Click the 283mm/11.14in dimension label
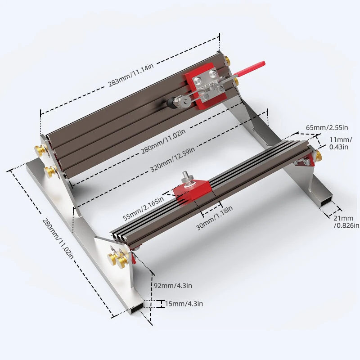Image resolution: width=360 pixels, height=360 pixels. point(131,75)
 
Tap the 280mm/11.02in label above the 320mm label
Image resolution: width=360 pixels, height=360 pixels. point(163,141)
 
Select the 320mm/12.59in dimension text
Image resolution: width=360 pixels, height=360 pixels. point(173,159)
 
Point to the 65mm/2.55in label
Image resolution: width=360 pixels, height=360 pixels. point(327,127)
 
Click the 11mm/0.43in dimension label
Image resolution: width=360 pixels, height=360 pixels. point(341,143)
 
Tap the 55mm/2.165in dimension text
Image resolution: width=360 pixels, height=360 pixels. point(144,208)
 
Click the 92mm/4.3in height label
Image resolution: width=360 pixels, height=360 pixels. point(173,286)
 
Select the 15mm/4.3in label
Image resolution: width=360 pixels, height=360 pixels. point(184,304)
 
